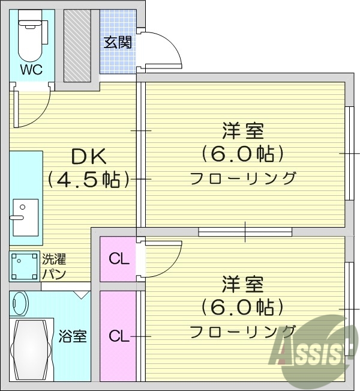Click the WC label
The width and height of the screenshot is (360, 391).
tap(31, 70)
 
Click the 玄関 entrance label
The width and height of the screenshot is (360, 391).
tap(118, 43)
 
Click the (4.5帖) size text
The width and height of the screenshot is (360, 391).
tap(89, 179)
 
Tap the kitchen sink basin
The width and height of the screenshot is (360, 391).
tap(24, 217)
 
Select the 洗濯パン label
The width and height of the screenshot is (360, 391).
tap(53, 266)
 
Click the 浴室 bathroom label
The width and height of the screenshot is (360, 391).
tap(73, 336)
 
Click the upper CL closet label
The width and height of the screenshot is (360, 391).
tap(119, 259)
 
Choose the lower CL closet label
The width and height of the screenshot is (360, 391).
tap(119, 336)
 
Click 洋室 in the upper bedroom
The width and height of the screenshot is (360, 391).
tap(242, 131)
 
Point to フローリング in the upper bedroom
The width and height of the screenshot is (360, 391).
tap(242, 178)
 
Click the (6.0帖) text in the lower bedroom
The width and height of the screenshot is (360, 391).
tap(242, 308)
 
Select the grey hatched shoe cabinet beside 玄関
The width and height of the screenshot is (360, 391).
tap(77, 45)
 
